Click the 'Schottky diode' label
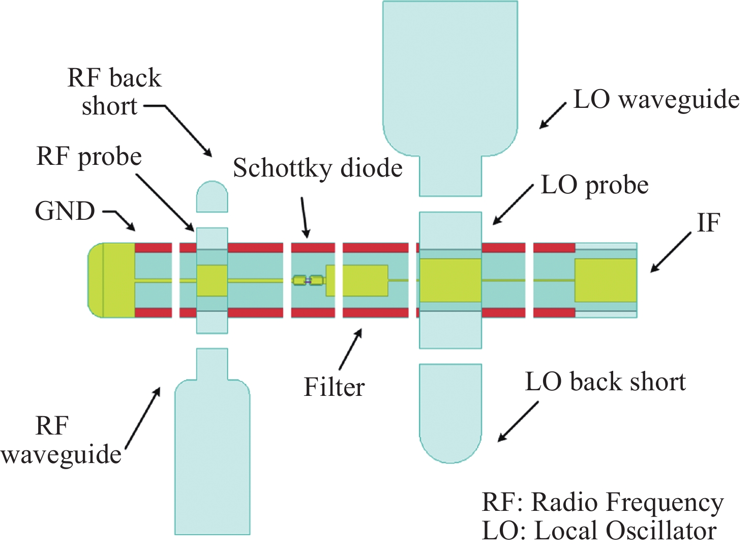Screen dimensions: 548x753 pyautogui.click(x=318, y=168)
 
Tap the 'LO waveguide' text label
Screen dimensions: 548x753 pyautogui.click(x=656, y=100)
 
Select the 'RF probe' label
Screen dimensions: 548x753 pyautogui.click(x=89, y=157)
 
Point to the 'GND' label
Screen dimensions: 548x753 pyautogui.click(x=65, y=211)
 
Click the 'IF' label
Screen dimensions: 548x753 pyautogui.click(x=708, y=223)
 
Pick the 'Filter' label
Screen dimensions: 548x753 pyautogui.click(x=334, y=387)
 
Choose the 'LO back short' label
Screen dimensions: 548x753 pyautogui.click(x=605, y=382)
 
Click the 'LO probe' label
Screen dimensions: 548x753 pyautogui.click(x=595, y=185)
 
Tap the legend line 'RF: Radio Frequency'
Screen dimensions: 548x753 pyautogui.click(x=603, y=503)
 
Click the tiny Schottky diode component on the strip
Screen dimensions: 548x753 pyautogui.click(x=308, y=280)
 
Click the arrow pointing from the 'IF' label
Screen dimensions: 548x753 pyautogui.click(x=671, y=252)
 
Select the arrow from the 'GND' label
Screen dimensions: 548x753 pyautogui.click(x=120, y=219)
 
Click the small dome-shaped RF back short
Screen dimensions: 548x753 pyautogui.click(x=212, y=196)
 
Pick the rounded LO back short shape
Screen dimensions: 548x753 pyautogui.click(x=450, y=412)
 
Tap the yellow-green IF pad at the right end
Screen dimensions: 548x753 pyautogui.click(x=605, y=280)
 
